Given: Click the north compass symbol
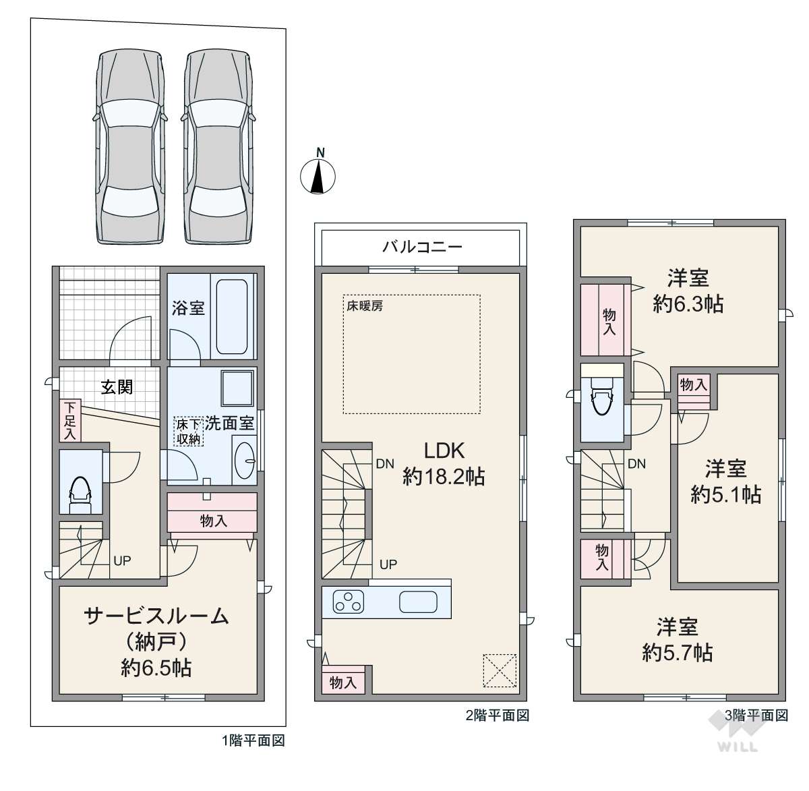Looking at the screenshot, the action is (318, 175).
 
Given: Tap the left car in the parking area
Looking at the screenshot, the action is (129, 147).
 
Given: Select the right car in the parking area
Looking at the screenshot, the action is (217, 147).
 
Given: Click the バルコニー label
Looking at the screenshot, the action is (422, 247).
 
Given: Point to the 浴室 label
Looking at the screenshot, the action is (188, 308).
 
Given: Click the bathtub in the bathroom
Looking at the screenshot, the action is (231, 316).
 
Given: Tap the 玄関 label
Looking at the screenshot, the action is (117, 387).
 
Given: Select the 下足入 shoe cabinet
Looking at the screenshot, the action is (70, 421).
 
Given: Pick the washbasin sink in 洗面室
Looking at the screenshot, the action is (245, 461).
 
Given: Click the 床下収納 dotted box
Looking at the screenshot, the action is (188, 432).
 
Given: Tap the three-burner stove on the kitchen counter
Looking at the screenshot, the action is (349, 602).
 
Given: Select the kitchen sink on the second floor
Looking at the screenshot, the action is (418, 602).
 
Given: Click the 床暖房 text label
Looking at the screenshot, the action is (365, 306).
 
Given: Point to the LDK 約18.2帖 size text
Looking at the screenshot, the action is (444, 463).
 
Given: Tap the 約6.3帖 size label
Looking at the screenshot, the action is (688, 304).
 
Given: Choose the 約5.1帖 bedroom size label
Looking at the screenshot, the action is (726, 494).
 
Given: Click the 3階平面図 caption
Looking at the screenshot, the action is (756, 715).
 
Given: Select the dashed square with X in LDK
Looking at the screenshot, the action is (500, 670).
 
